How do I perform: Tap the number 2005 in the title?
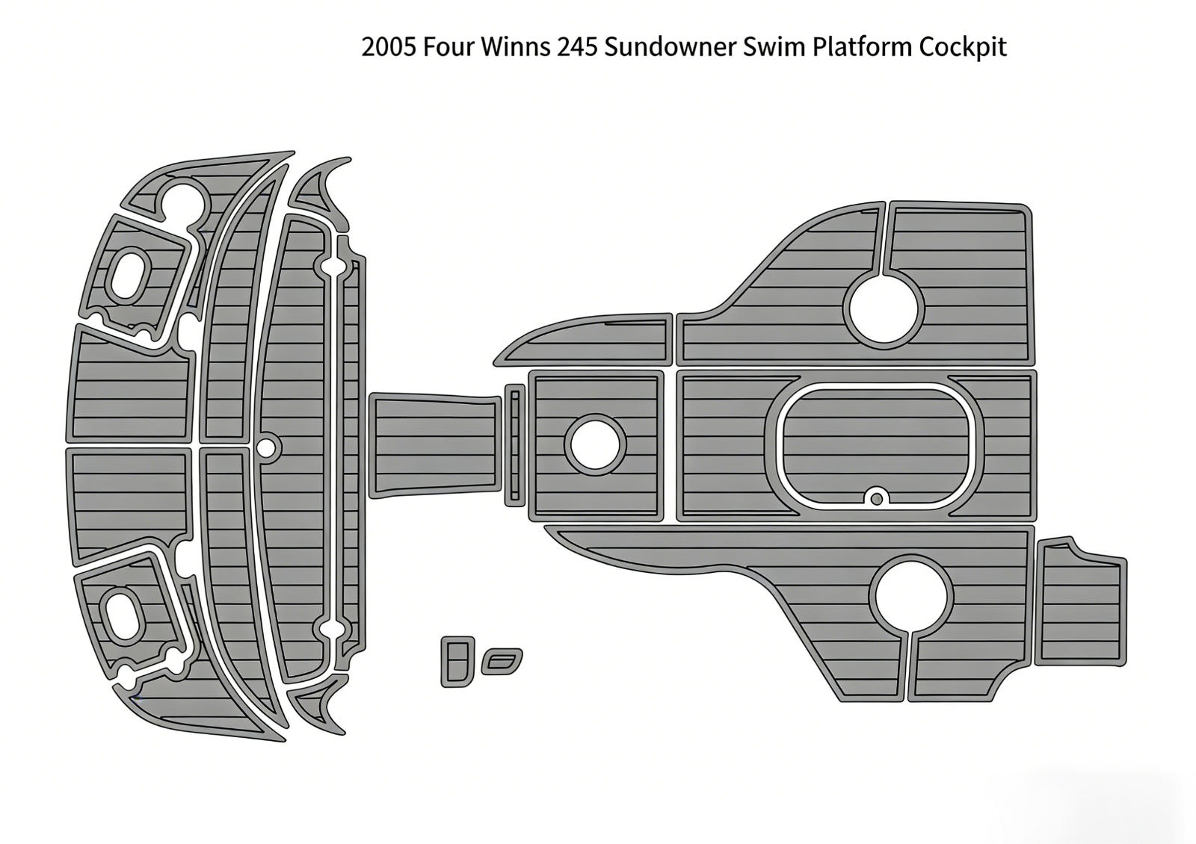(x=389, y=47)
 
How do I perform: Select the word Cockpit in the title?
(x=963, y=47)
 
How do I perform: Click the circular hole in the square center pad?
(x=595, y=445)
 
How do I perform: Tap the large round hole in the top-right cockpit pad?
(x=884, y=308)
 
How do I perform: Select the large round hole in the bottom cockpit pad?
(x=910, y=595)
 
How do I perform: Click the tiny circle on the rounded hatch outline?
(x=876, y=497)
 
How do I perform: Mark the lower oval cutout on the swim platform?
(x=122, y=615)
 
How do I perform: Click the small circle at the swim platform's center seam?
(x=265, y=448)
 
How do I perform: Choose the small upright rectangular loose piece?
(x=457, y=661)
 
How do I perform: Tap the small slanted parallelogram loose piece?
(x=502, y=661)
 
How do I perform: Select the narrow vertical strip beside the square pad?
(x=514, y=445)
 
